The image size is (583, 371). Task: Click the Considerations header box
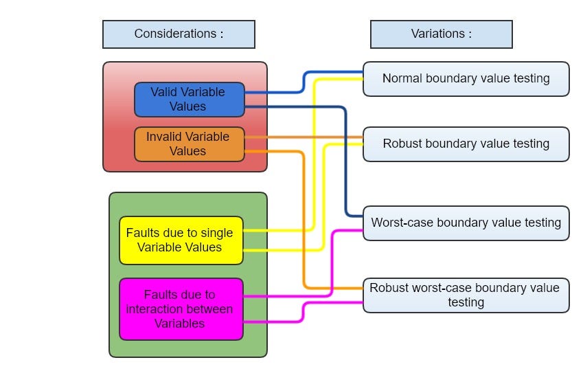(179, 34)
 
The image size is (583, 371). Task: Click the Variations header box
(442, 34)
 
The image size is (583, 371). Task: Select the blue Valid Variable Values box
(190, 100)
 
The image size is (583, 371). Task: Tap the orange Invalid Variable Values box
(190, 144)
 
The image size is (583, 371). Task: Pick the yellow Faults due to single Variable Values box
(181, 240)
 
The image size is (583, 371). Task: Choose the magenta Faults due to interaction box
(181, 309)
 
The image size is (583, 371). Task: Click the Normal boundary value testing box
(466, 79)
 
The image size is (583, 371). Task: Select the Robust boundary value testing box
(466, 144)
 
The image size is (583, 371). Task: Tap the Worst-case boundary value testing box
(466, 223)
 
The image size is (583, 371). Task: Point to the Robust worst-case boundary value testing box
(466, 295)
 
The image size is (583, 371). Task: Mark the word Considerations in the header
(175, 34)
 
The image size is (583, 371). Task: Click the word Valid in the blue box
(163, 92)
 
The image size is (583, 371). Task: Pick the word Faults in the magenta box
(160, 294)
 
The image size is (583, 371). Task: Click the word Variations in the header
(437, 34)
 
